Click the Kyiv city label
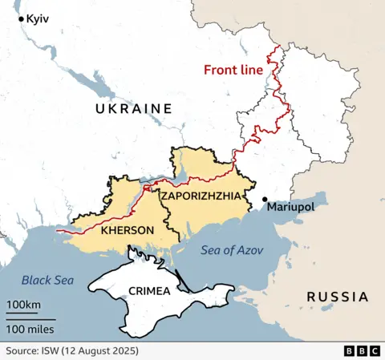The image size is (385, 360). (x=37, y=18)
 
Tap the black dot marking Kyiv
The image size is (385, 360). (x=21, y=18)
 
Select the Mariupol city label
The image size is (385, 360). (x=291, y=207)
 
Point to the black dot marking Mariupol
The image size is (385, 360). (x=265, y=200)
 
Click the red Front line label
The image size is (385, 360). (x=233, y=70)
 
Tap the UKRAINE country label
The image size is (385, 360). (x=133, y=108)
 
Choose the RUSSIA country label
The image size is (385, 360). (x=337, y=297)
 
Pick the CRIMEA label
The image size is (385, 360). (x=148, y=291)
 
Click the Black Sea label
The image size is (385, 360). (x=47, y=280)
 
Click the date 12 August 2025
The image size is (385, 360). (x=103, y=351)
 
